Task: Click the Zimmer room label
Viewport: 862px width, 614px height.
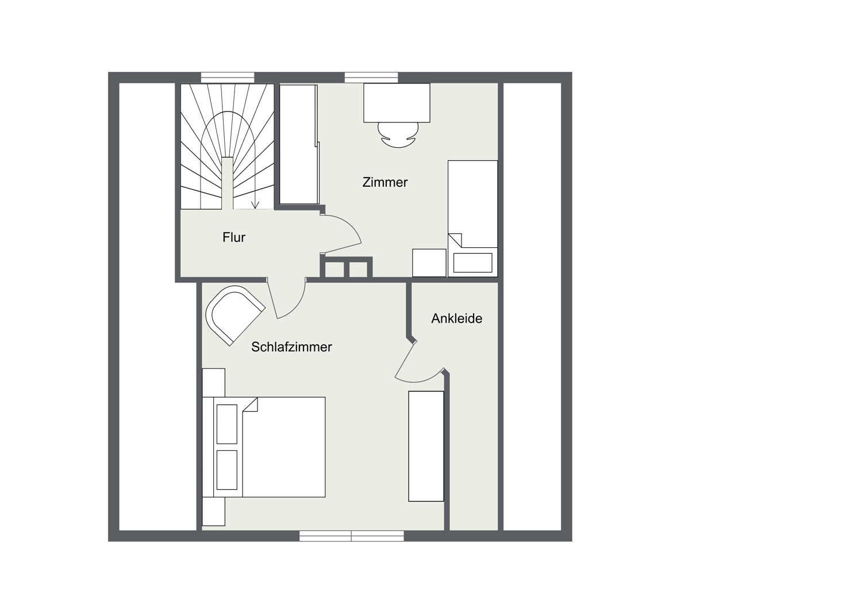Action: (x=385, y=182)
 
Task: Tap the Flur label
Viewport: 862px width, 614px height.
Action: (x=234, y=237)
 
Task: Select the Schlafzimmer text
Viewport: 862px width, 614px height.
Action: (x=292, y=347)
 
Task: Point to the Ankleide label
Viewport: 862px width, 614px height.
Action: (x=457, y=318)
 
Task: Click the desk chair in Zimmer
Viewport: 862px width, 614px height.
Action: (x=398, y=135)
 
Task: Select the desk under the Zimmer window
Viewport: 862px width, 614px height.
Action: (x=397, y=103)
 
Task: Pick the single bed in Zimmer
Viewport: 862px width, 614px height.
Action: (x=473, y=218)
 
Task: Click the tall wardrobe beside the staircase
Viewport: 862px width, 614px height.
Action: (x=299, y=144)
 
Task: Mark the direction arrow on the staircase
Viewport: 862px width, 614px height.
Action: (x=255, y=205)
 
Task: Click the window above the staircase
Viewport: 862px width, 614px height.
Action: (x=228, y=78)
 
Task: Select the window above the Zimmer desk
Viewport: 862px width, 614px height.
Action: (x=371, y=78)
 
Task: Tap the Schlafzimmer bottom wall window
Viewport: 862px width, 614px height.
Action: (x=352, y=536)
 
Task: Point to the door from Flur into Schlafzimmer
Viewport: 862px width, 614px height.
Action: (x=287, y=298)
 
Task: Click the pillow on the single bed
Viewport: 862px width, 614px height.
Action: (x=473, y=263)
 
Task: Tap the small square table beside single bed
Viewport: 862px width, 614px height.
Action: (x=429, y=263)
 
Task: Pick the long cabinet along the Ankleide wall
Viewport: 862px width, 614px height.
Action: (x=426, y=446)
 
